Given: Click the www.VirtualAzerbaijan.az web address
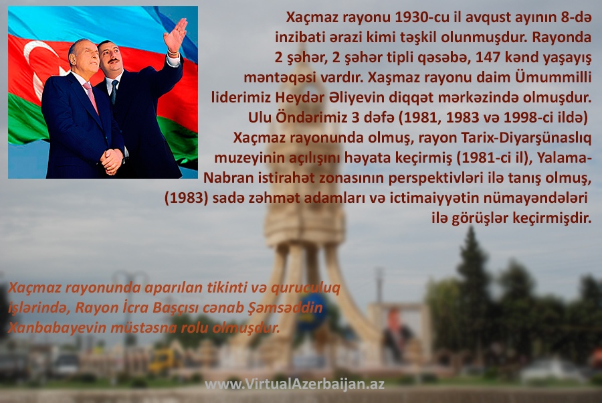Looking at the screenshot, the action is pos(294,384).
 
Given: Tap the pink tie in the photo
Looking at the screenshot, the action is pos(92,97).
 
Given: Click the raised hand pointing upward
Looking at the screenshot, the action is pos(175,35).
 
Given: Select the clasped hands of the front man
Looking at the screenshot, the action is pos(112,161).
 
